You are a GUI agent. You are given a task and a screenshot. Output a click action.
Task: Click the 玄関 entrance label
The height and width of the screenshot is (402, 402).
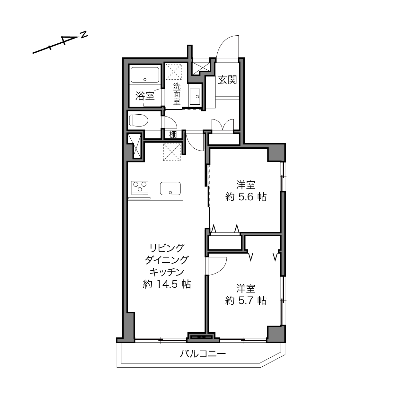click(x=227, y=80)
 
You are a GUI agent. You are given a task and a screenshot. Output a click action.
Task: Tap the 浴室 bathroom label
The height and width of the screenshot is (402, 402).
click(x=145, y=96)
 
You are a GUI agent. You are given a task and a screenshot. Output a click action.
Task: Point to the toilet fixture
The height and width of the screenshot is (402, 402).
click(x=138, y=120)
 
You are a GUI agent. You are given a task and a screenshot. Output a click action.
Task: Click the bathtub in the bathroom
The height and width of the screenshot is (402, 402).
click(x=145, y=75)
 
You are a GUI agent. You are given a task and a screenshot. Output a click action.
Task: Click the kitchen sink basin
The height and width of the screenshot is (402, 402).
click(x=170, y=188)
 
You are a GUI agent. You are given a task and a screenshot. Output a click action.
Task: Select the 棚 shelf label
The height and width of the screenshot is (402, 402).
click(x=173, y=135)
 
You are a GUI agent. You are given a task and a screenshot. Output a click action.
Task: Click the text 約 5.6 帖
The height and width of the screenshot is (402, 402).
click(x=246, y=197)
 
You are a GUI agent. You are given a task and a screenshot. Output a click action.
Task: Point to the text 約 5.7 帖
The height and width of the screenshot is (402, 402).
click(x=246, y=301)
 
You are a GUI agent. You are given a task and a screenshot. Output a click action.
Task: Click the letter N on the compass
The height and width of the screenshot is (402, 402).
click(x=84, y=35)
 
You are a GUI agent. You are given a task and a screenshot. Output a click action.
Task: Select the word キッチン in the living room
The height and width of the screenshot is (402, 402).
click(x=167, y=272)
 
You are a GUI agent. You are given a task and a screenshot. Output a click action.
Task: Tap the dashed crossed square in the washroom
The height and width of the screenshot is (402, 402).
click(x=174, y=72)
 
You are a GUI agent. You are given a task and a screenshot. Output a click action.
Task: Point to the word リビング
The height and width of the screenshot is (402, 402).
click(x=167, y=248)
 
